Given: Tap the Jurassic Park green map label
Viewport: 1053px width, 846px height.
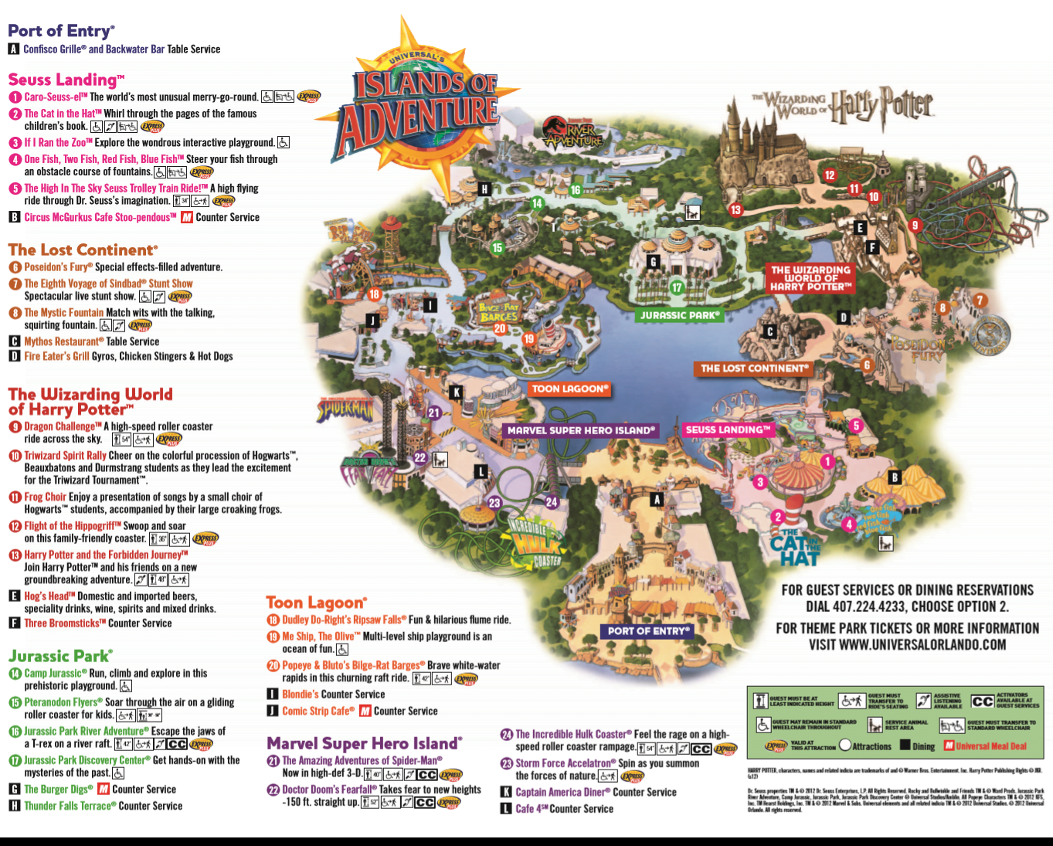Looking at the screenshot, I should point(680,315).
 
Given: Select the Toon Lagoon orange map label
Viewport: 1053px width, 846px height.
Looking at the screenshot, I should point(570,389).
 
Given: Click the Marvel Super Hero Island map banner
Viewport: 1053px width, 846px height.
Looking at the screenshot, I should point(581,430).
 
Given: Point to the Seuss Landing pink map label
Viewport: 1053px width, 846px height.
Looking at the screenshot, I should point(728,430).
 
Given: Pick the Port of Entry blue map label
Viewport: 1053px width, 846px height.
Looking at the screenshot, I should point(647,630).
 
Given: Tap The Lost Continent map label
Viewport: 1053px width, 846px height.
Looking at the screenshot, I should point(754,369).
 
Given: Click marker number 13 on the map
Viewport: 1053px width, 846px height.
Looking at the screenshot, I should point(735,209).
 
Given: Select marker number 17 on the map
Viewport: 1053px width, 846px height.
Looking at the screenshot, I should point(677,288).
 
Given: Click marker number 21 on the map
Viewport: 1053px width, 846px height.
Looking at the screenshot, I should point(434,413).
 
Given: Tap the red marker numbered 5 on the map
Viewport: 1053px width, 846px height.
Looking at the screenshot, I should point(856,426).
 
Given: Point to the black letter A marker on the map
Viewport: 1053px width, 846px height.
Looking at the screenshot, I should point(657,500).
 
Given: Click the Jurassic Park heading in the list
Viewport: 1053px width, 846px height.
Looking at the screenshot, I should point(60,656).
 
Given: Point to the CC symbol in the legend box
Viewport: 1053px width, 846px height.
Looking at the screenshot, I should point(982,701).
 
